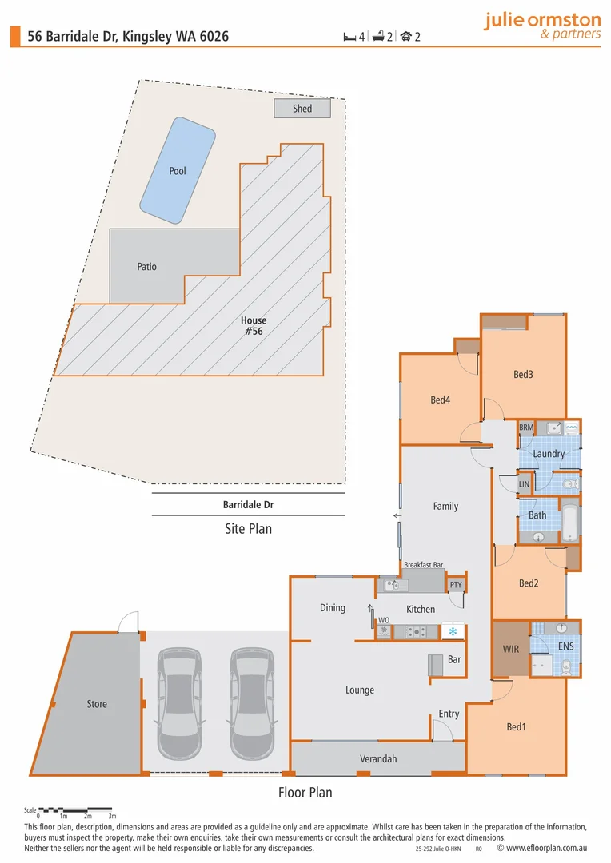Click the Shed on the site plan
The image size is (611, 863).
pyautogui.click(x=302, y=108)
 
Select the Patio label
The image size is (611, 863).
pyautogui.click(x=146, y=267)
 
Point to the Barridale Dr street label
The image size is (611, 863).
pyautogui.click(x=249, y=505)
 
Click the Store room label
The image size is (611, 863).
pyautogui.click(x=97, y=704)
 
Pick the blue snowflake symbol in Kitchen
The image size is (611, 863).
pyautogui.click(x=453, y=632)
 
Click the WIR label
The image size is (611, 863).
pyautogui.click(x=511, y=649)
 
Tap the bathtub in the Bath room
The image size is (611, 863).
pyautogui.click(x=571, y=523)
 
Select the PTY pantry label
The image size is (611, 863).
pyautogui.click(x=455, y=585)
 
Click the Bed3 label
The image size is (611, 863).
pyautogui.click(x=523, y=374)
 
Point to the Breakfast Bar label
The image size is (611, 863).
pyautogui.click(x=423, y=564)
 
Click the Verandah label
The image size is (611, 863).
pyautogui.click(x=377, y=758)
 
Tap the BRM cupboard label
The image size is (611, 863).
pyautogui.click(x=525, y=428)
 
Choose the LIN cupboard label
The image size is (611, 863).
pyautogui.click(x=524, y=484)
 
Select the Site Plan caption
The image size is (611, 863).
pyautogui.click(x=249, y=528)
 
